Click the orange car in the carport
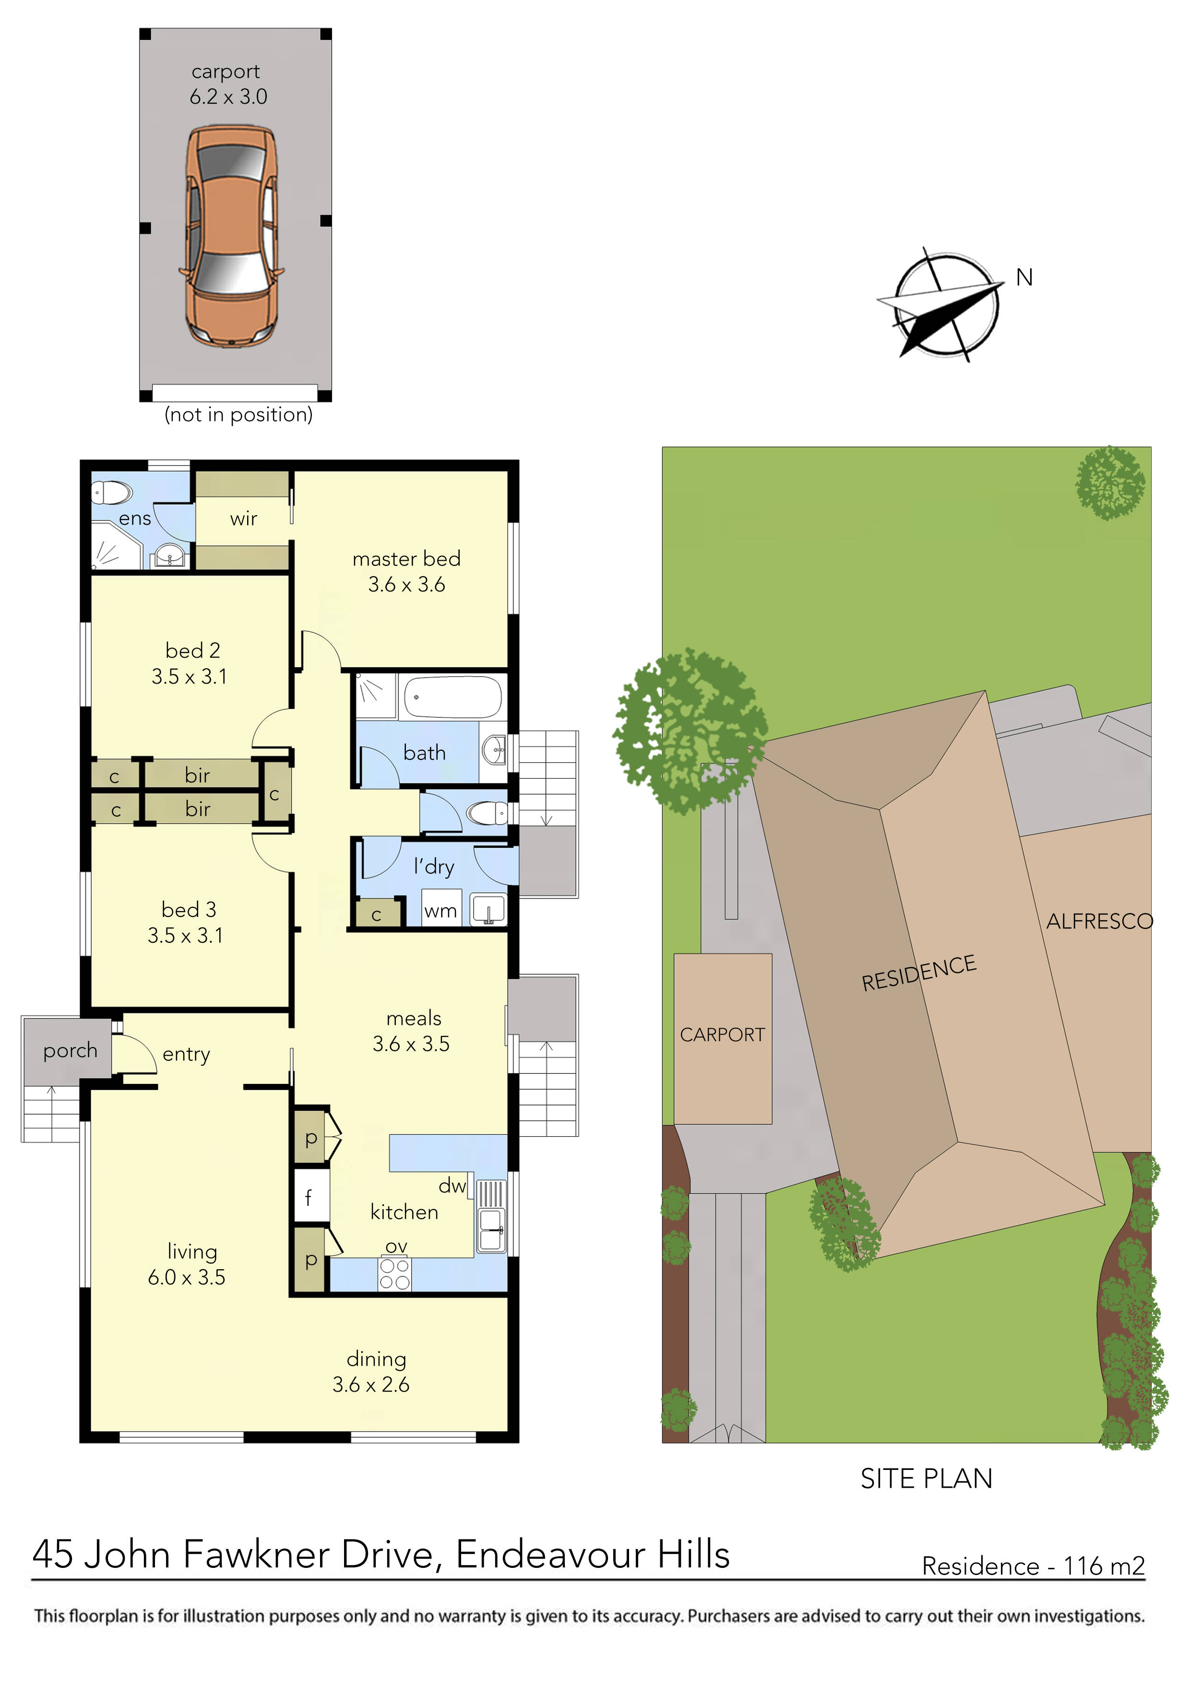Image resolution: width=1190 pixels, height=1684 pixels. point(231,235)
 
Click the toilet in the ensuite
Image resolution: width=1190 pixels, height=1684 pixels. point(111,492)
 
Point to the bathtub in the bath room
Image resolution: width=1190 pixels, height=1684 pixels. point(452,697)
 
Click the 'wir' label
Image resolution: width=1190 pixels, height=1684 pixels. point(243,518)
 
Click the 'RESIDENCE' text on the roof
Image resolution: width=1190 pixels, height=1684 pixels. point(919,973)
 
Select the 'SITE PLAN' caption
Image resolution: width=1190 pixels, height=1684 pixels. point(926,1479)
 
